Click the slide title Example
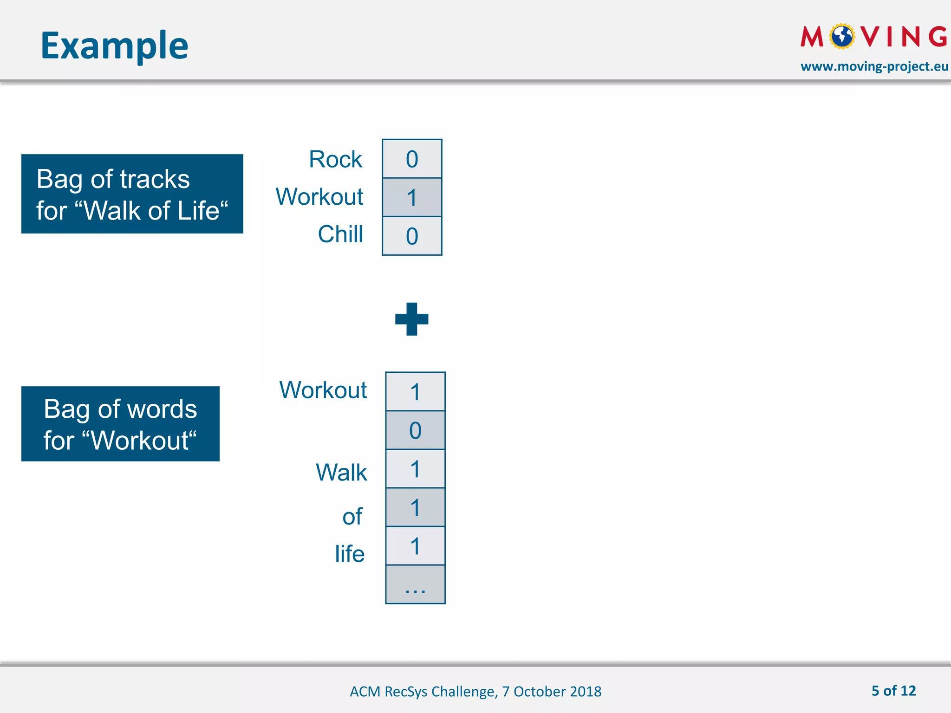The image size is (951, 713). pos(114,45)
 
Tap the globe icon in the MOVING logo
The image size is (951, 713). pos(842,36)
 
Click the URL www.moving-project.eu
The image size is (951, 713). pos(874,66)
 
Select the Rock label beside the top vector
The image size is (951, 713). pos(335,159)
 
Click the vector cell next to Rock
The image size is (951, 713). pos(412,159)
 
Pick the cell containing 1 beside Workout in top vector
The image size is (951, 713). pos(412,197)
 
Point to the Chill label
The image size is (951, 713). pos(340,234)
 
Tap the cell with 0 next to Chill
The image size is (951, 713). pos(412,236)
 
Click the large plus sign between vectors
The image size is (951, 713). pos(412,319)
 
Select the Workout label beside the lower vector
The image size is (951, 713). pos(323,390)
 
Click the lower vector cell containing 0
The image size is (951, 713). pos(415,430)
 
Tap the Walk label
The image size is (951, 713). pos(341,473)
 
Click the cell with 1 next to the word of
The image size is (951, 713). pos(415,507)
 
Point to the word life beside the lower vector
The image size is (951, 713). pos(350,554)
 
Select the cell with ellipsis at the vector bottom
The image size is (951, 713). pos(415,584)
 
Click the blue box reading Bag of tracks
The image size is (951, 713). pos(132,194)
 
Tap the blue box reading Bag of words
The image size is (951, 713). pos(120,424)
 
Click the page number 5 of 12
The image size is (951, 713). pos(893,691)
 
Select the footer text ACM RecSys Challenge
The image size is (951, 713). pos(475,691)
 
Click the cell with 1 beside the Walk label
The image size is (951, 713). pos(415,469)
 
